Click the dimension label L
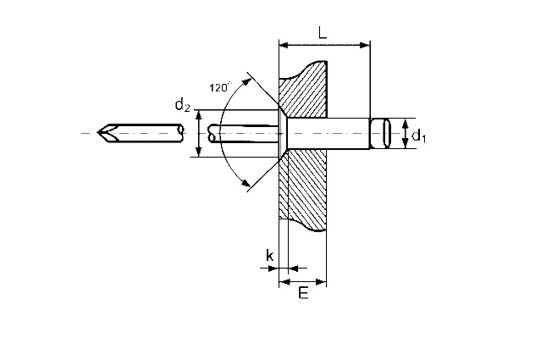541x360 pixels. click(323, 33)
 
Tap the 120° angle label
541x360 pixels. click(220, 87)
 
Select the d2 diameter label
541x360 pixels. click(183, 104)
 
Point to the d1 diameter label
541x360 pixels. click(419, 136)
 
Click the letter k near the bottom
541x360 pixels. click(270, 256)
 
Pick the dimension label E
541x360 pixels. click(303, 293)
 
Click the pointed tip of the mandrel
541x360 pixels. click(97, 132)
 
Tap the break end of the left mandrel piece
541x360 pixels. click(179, 133)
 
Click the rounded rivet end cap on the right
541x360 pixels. click(381, 133)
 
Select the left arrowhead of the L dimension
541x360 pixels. click(284, 45)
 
